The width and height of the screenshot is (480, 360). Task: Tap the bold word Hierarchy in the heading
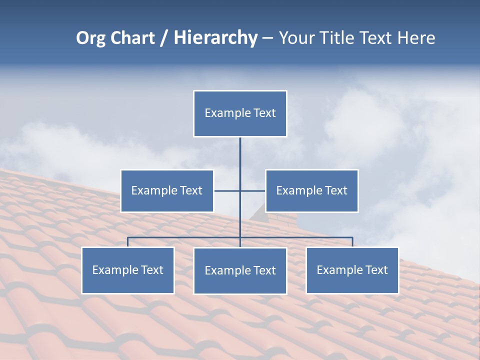215,38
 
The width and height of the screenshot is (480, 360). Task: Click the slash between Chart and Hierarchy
164,38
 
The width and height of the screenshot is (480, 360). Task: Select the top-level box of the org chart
240,113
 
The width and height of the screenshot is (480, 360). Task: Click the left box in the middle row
167,191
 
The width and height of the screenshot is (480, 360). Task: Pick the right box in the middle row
312,191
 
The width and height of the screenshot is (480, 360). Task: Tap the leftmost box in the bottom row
128,270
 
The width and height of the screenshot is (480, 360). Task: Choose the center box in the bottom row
240,271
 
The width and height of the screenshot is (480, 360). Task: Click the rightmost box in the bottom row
352,270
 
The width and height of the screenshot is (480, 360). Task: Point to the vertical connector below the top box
240,160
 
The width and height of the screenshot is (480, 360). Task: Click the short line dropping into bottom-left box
128,242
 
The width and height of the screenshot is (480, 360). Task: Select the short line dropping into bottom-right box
352,242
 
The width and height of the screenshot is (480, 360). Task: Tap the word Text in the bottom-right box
376,270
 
